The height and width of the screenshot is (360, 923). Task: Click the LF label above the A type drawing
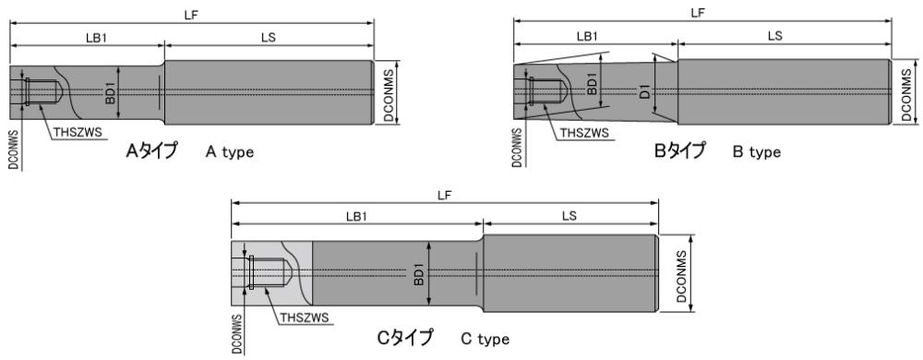tap(191, 15)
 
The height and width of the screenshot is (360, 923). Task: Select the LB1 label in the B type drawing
tap(587, 36)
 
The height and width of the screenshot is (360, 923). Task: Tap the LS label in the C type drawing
tap(569, 216)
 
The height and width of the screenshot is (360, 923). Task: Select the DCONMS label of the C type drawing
tap(682, 273)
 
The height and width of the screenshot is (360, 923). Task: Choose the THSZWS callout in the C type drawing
tap(304, 318)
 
